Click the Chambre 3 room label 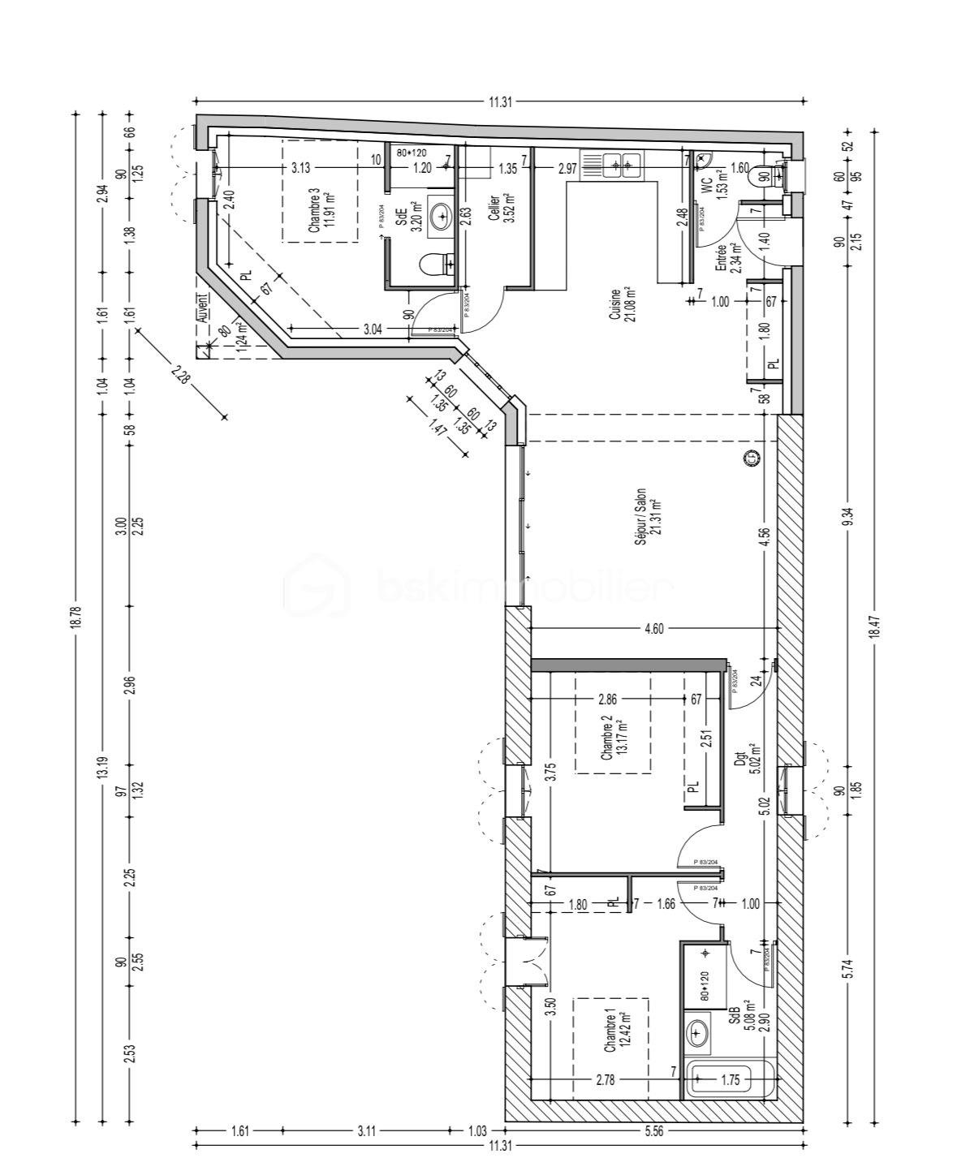(x=321, y=213)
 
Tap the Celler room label (x=498, y=213)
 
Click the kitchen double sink (x=620, y=165)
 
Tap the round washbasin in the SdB (x=697, y=1033)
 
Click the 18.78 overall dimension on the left (x=76, y=617)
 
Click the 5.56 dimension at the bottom (x=653, y=1130)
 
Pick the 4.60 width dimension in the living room (x=653, y=627)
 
